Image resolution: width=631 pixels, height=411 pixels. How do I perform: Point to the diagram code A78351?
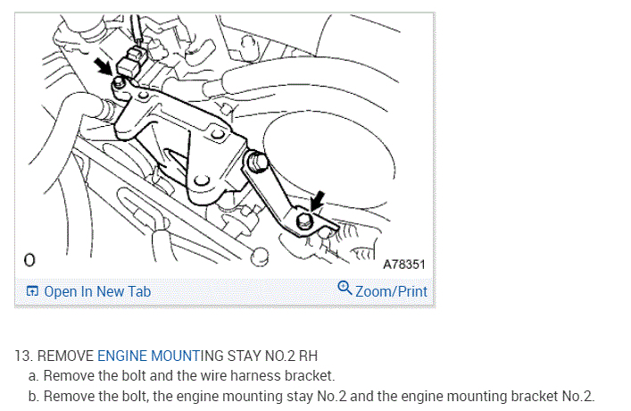coord(403,265)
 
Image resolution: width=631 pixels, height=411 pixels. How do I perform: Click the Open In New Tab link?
coord(97,291)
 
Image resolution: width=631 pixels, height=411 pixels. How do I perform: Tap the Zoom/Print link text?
coord(391,291)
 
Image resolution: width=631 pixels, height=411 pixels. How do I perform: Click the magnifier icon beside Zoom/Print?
coord(345,289)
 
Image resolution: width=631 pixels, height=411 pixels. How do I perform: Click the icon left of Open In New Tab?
coord(32,291)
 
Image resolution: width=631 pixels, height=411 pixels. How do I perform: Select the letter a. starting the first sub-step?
coord(34,375)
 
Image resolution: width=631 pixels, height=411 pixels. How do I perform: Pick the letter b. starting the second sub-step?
coord(34,395)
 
